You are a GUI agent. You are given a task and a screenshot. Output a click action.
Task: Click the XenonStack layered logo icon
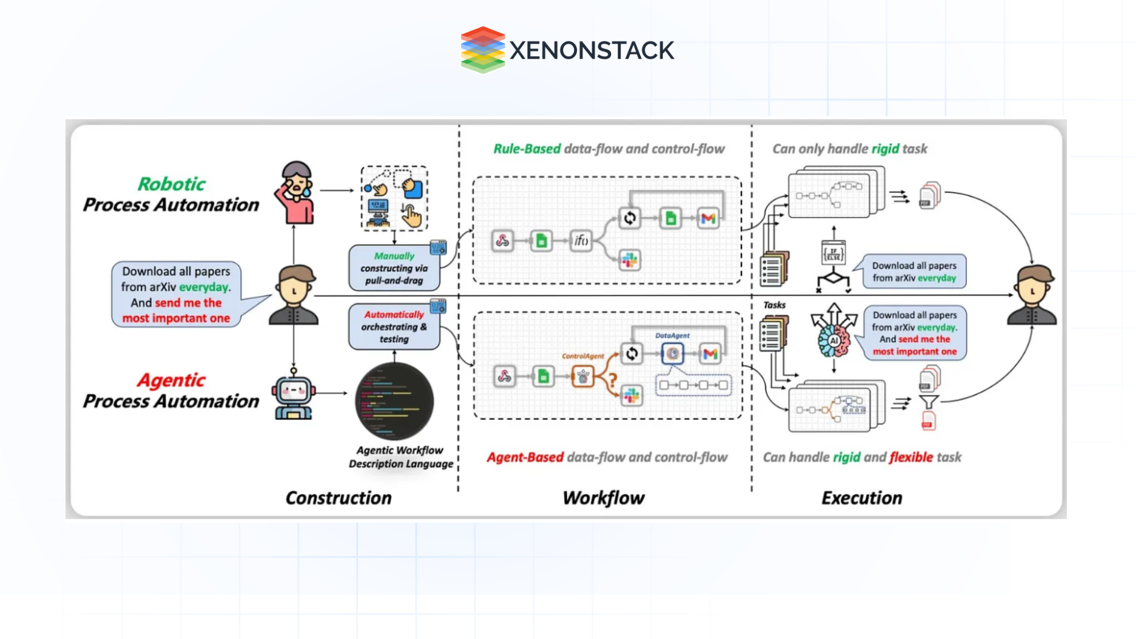[x=483, y=50]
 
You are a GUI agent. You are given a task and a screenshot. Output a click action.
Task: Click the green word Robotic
[x=172, y=184]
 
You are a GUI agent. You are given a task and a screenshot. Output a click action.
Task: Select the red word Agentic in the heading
[x=172, y=380]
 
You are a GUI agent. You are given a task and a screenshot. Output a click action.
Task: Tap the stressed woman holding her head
[x=296, y=192]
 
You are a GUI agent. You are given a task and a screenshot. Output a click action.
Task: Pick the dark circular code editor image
[x=395, y=402]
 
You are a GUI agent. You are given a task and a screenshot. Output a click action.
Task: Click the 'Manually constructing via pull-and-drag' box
[x=394, y=268]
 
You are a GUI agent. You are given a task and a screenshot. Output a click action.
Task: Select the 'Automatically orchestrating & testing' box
[x=394, y=327]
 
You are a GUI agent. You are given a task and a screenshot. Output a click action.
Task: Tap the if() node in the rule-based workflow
[x=581, y=240]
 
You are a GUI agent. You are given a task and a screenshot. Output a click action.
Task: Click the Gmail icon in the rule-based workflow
[x=708, y=218]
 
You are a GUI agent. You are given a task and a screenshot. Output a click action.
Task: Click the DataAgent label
[x=672, y=335]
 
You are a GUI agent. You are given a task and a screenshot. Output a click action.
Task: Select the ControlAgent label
[x=583, y=356]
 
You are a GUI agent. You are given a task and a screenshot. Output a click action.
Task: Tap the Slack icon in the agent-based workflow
[x=631, y=396]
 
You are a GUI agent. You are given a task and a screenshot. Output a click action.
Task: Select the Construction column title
[x=338, y=498]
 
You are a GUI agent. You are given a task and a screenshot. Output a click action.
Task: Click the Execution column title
[x=861, y=498]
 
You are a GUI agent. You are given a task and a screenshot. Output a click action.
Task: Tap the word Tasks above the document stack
[x=774, y=305]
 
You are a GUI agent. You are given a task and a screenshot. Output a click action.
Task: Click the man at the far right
[x=1032, y=296]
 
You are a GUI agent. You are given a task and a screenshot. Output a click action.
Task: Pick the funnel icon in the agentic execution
[x=928, y=403]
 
